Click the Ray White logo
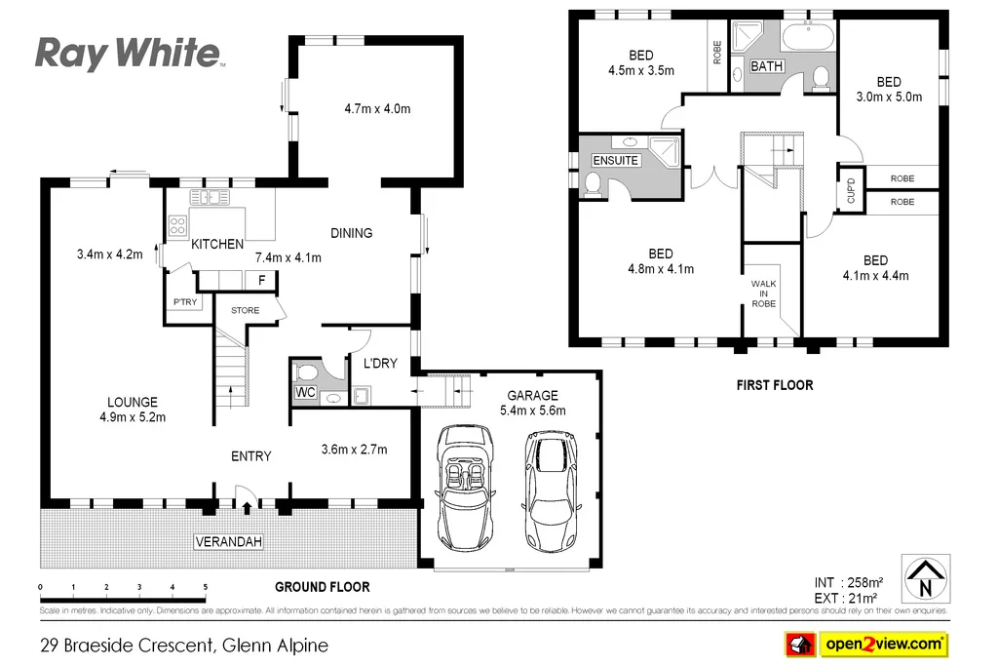coord(128,53)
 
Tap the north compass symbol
coord(925,579)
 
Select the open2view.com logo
coord(866,644)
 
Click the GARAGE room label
coord(532,395)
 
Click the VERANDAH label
coord(228,541)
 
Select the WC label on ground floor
coord(305,393)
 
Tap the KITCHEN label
coord(216,244)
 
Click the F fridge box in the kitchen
coord(260,281)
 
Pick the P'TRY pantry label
coord(184,303)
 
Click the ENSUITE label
coord(616,160)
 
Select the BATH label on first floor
coord(766,66)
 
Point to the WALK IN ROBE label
coord(763,294)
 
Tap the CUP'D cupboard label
coord(849,191)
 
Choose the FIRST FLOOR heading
coord(774,385)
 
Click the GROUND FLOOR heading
coord(322,587)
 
